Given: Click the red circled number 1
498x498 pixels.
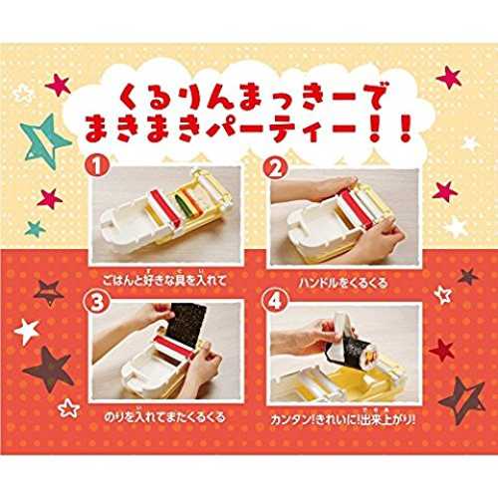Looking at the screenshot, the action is (x=97, y=166).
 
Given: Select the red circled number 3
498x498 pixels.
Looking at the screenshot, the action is (x=97, y=302).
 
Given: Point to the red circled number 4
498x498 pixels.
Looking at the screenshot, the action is (x=275, y=302).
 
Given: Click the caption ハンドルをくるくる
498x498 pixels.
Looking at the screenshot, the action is (x=343, y=283).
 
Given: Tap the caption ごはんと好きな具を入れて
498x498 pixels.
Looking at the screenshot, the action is (x=164, y=280).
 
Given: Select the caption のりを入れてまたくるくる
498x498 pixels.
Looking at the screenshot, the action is (x=164, y=416).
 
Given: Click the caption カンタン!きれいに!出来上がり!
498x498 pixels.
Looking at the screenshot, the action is (x=343, y=419).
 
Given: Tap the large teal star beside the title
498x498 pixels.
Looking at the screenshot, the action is (x=45, y=141).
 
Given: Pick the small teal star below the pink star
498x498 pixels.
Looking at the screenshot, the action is (x=35, y=228).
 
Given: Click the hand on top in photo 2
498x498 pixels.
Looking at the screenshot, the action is (x=316, y=189).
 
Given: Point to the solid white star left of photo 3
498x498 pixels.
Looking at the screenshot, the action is (x=27, y=331).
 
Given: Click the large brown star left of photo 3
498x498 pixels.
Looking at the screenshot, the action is (x=50, y=371).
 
